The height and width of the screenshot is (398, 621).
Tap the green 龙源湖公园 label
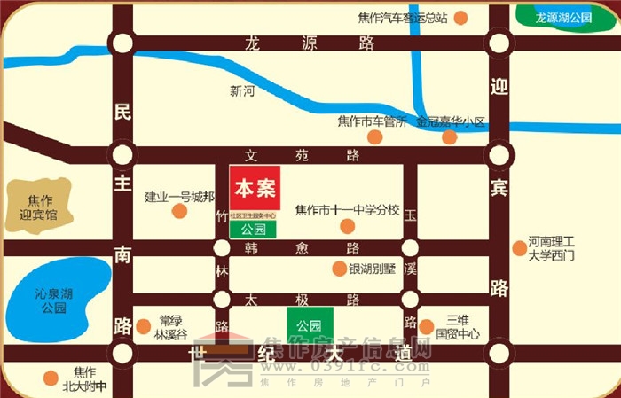pyautogui.click(x=563, y=17)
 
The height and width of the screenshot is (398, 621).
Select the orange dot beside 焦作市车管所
pyautogui.click(x=375, y=137)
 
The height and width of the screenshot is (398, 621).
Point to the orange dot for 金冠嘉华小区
pyautogui.click(x=450, y=137)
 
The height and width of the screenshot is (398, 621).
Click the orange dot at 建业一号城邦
pyautogui.click(x=179, y=211)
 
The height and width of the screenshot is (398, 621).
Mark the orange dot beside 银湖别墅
pyautogui.click(x=338, y=269)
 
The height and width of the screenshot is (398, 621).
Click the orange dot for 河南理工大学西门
pyautogui.click(x=520, y=248)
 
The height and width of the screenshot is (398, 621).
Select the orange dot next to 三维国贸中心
pyautogui.click(x=427, y=327)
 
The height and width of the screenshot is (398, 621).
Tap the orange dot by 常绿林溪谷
pyautogui.click(x=144, y=327)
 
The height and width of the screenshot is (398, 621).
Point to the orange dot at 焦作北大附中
pyautogui.click(x=51, y=378)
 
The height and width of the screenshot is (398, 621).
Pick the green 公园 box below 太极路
pyautogui.click(x=309, y=325)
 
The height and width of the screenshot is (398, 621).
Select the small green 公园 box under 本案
pyautogui.click(x=253, y=229)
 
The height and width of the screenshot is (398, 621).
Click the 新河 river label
pyautogui.click(x=242, y=90)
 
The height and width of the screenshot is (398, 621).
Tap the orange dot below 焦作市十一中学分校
pyautogui.click(x=348, y=226)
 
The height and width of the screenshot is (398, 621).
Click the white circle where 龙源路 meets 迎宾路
pyautogui.click(x=499, y=43)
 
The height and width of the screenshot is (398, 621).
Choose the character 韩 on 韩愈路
pyautogui.click(x=253, y=249)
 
